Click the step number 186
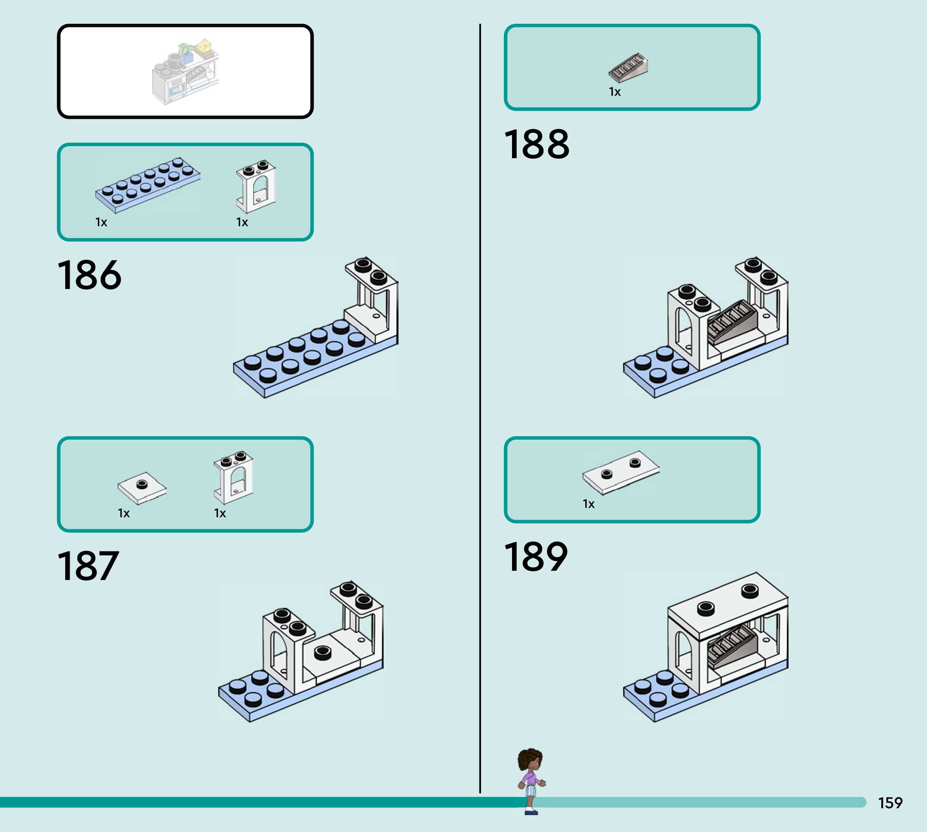(90, 275)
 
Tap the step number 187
(88, 566)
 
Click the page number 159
(890, 803)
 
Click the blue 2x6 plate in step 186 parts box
(147, 185)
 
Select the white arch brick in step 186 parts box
(256, 186)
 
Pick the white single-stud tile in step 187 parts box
(142, 487)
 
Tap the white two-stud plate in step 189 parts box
(620, 472)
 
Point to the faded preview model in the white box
(185, 72)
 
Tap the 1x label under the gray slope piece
(615, 92)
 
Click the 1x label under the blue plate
(101, 222)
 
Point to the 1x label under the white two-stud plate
(588, 504)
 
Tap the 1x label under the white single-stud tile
(124, 513)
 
